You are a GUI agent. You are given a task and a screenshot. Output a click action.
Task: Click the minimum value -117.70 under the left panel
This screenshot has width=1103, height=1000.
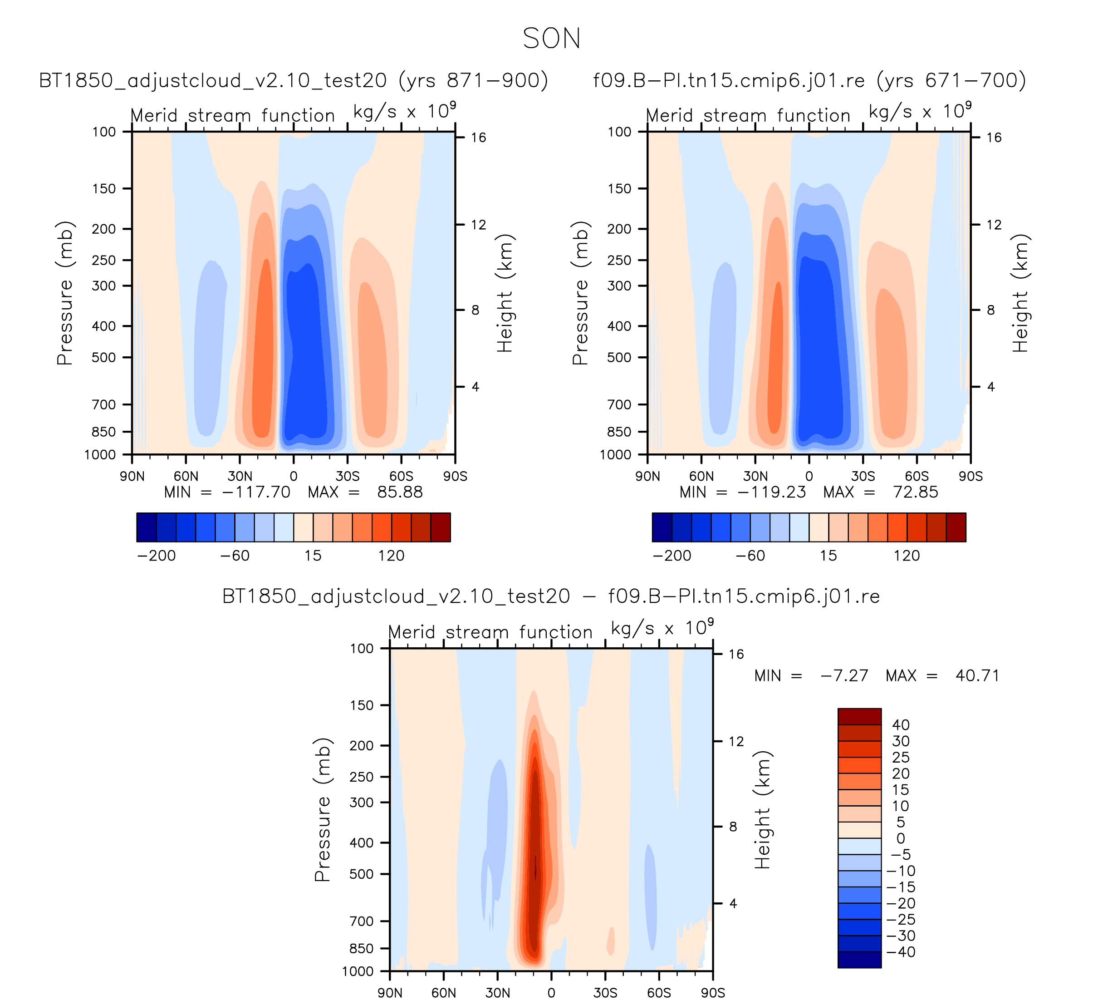click(256, 492)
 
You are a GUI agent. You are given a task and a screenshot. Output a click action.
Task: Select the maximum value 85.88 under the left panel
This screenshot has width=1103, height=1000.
click(400, 492)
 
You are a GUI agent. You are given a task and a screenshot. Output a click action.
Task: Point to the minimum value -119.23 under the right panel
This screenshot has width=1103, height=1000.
click(771, 492)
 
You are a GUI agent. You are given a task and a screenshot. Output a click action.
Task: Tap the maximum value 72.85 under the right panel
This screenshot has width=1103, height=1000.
click(915, 492)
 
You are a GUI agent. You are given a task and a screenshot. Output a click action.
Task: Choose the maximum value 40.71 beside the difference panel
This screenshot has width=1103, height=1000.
click(977, 675)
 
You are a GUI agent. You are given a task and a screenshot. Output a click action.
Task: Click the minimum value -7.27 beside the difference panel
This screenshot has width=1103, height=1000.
click(844, 675)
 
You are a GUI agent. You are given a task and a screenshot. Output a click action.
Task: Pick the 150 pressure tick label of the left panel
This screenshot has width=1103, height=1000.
click(104, 189)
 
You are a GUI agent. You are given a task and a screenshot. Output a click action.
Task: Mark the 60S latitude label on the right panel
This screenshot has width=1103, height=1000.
click(917, 476)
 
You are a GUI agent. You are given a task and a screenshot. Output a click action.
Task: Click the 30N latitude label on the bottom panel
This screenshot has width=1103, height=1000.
click(497, 993)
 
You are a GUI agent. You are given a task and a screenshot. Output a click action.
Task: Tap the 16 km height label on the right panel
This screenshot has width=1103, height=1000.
click(994, 138)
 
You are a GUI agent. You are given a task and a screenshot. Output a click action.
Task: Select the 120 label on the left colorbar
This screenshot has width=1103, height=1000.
click(391, 556)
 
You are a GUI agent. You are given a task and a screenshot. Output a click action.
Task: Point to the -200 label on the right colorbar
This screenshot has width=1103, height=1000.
click(672, 556)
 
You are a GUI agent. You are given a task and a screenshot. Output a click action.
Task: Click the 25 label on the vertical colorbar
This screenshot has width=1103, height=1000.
click(901, 758)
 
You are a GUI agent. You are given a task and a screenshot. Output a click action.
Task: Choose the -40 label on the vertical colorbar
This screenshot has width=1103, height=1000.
click(901, 952)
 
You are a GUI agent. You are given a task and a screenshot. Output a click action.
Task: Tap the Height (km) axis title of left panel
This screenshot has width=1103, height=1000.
click(505, 293)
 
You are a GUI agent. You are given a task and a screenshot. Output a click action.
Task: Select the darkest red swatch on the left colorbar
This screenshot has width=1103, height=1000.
click(441, 527)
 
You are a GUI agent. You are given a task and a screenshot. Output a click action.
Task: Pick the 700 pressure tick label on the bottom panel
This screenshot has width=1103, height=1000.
click(361, 921)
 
